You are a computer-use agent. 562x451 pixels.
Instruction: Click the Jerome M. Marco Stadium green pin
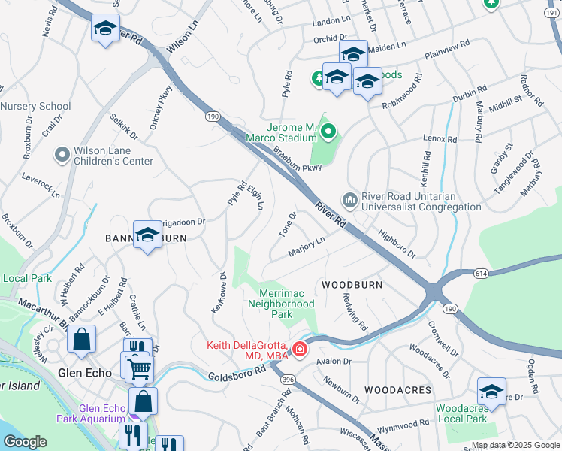[328, 133]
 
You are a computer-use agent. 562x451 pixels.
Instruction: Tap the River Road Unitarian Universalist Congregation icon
[349, 200]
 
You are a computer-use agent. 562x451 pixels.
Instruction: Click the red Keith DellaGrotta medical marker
[300, 349]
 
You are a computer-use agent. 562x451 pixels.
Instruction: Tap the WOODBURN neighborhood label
[352, 285]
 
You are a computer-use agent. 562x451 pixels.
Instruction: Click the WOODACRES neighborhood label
[397, 390]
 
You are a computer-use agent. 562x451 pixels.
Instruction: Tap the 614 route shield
[479, 274]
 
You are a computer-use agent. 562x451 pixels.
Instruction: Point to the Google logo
[25, 442]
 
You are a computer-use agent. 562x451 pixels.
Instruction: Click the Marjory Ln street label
[306, 247]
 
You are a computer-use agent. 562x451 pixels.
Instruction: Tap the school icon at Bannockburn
[147, 236]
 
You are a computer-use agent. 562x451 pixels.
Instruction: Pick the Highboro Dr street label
[396, 244]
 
